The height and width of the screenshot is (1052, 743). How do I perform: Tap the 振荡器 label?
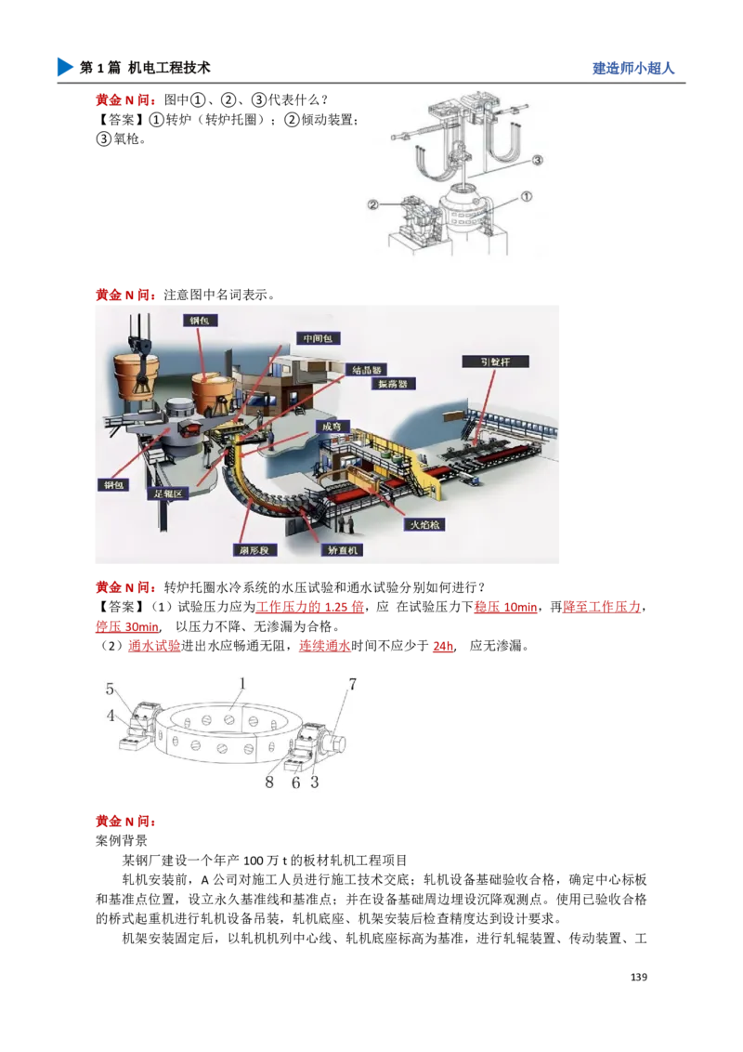click(x=394, y=383)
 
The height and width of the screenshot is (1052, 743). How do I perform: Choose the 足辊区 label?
click(x=170, y=494)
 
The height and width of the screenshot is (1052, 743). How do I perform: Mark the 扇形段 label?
click(x=252, y=550)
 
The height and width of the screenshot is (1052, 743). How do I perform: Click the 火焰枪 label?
click(x=425, y=524)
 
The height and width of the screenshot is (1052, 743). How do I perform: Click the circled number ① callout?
click(x=527, y=198)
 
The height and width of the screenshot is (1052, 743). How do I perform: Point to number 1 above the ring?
click(x=241, y=684)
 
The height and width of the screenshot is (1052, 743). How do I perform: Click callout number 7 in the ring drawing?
click(x=352, y=686)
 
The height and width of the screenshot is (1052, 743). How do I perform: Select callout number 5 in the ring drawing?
click(x=110, y=690)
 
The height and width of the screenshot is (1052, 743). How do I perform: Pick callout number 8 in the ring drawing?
click(x=269, y=782)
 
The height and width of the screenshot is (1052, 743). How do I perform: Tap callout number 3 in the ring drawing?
click(x=315, y=782)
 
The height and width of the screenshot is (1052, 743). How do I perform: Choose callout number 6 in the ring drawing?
click(x=296, y=782)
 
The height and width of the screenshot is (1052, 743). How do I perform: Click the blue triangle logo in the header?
click(x=63, y=67)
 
